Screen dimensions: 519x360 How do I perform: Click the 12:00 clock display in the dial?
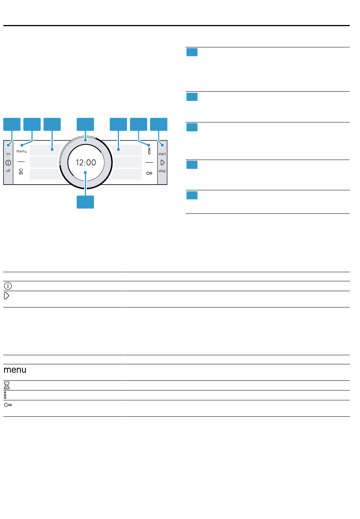[86, 163]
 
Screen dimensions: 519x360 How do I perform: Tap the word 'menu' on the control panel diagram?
[22, 152]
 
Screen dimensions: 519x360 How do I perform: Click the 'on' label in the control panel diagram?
[8, 154]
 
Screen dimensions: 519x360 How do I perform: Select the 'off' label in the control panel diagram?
[8, 171]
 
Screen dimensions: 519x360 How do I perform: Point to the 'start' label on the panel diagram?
[162, 154]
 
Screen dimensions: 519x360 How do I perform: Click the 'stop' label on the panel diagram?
[162, 171]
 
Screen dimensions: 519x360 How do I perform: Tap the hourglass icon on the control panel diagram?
[21, 172]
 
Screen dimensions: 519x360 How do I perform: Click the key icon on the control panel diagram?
[149, 173]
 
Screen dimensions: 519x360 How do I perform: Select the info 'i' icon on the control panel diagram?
[149, 151]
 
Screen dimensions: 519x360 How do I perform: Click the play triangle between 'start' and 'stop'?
[163, 163]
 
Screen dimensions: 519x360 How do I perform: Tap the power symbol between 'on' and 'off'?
[8, 163]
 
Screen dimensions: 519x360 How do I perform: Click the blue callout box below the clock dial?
[85, 202]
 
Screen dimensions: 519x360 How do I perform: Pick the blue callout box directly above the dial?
[85, 124]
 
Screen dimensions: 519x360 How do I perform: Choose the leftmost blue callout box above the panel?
[12, 124]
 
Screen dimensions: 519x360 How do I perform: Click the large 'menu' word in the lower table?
[15, 370]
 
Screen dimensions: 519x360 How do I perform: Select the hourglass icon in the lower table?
[6, 386]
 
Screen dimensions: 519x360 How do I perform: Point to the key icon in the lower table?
[8, 405]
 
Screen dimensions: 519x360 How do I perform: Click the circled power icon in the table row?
[8, 286]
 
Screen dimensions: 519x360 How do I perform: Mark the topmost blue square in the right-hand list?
[192, 52]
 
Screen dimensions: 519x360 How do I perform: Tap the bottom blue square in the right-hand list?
[192, 195]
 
